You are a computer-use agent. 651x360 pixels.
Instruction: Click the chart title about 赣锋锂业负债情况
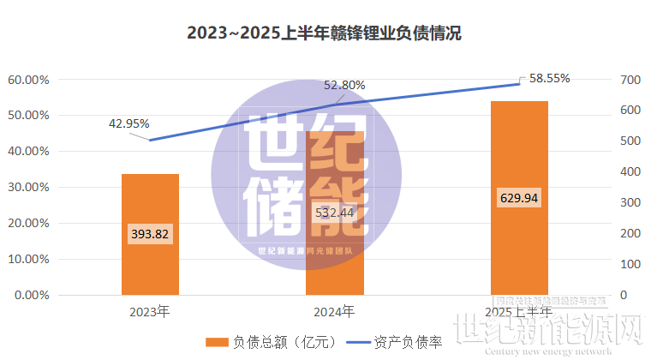(325, 34)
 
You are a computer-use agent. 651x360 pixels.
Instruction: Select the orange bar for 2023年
(150, 257)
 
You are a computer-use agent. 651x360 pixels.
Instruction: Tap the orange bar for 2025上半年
(519, 249)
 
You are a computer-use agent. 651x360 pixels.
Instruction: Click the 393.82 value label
(150, 234)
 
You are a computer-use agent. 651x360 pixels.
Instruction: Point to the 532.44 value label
(335, 213)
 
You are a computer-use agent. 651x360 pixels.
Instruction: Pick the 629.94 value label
(519, 199)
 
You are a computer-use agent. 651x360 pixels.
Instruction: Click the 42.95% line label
(129, 123)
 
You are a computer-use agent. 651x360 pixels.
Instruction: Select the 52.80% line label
(345, 85)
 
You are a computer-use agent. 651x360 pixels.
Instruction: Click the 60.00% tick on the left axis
(29, 80)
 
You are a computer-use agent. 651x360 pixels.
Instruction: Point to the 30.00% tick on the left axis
(29, 188)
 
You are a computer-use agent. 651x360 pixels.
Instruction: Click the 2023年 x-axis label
(150, 311)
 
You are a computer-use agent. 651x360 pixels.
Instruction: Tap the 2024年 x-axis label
(335, 311)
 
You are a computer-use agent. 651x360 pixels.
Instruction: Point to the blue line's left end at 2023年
(150, 141)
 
